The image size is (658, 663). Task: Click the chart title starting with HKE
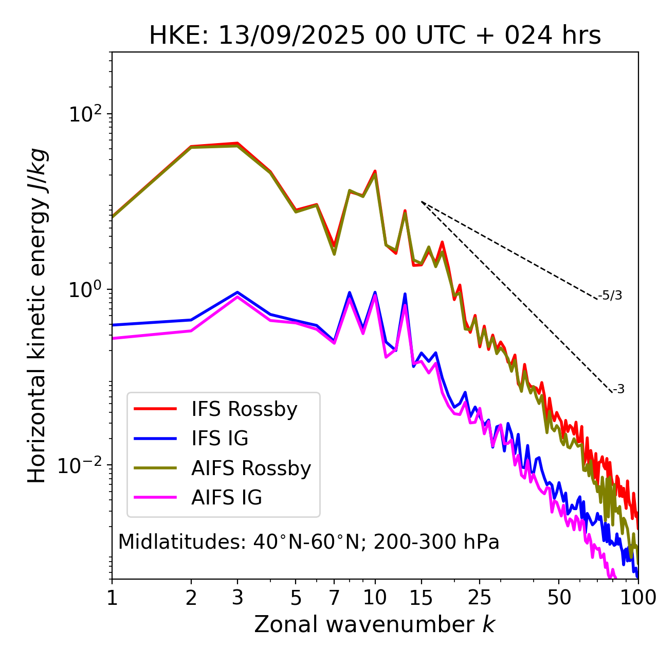click(x=375, y=36)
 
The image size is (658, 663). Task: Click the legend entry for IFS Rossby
click(x=244, y=409)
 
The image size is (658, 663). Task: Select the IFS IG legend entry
click(x=220, y=439)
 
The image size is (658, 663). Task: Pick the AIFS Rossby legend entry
click(x=251, y=468)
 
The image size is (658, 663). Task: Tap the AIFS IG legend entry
click(x=227, y=498)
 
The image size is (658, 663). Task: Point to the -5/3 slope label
click(x=610, y=295)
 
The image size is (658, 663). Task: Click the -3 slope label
click(x=618, y=390)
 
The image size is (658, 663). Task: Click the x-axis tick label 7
click(x=334, y=598)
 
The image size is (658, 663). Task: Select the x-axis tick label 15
click(x=421, y=598)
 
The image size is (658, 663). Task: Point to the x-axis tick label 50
click(x=559, y=598)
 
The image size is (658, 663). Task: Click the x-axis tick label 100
click(x=637, y=598)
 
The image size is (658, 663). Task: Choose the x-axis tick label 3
click(x=237, y=598)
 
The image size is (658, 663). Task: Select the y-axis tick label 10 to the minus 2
click(x=82, y=465)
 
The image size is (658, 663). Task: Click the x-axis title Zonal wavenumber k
click(x=375, y=624)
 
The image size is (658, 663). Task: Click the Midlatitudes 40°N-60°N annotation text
click(x=308, y=542)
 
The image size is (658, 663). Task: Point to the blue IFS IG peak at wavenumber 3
click(x=237, y=292)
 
